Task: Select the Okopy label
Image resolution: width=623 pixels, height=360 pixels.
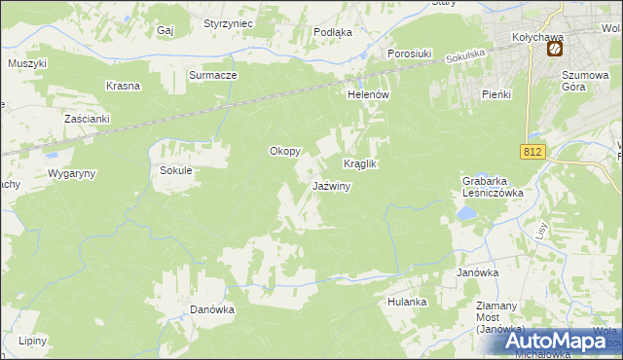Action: coord(284,152)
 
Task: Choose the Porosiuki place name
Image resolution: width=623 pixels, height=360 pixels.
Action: coord(410,54)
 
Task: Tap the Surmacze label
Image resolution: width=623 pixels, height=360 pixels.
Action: coord(213,74)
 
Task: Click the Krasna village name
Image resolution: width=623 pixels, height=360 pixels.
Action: coord(124,86)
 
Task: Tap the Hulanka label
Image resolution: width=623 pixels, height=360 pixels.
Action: coord(407,302)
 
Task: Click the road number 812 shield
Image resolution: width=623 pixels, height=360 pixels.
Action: coord(531,152)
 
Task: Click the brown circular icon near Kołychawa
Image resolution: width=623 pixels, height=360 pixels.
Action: coord(555,48)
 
